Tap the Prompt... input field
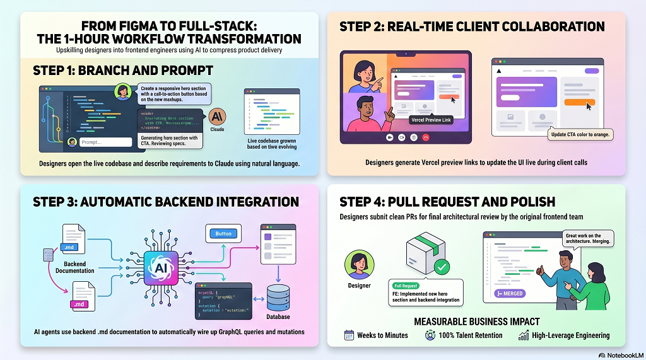click(105, 142)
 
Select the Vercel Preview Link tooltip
click(432, 120)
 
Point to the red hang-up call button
click(426, 136)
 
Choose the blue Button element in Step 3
click(223, 234)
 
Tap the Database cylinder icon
click(278, 298)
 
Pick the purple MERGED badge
click(510, 293)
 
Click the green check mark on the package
click(442, 267)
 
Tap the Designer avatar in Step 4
click(359, 265)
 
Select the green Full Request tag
click(407, 286)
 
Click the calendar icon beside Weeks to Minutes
click(349, 335)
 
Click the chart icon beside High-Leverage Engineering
click(523, 335)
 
